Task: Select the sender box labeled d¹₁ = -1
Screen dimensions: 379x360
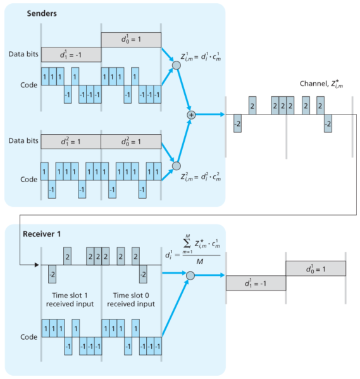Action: coord(71,54)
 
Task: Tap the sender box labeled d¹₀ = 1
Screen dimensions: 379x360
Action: coord(130,40)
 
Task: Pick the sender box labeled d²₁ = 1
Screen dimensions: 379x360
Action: coord(71,144)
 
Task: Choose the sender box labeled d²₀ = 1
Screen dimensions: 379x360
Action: coord(130,144)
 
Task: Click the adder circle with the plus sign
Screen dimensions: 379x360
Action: coord(190,115)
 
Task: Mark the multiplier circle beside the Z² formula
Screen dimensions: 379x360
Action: coord(177,166)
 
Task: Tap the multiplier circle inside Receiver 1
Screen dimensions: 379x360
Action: coord(190,275)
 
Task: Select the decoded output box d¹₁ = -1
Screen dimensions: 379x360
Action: coord(256,283)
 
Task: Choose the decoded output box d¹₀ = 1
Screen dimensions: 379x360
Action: coord(315,268)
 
